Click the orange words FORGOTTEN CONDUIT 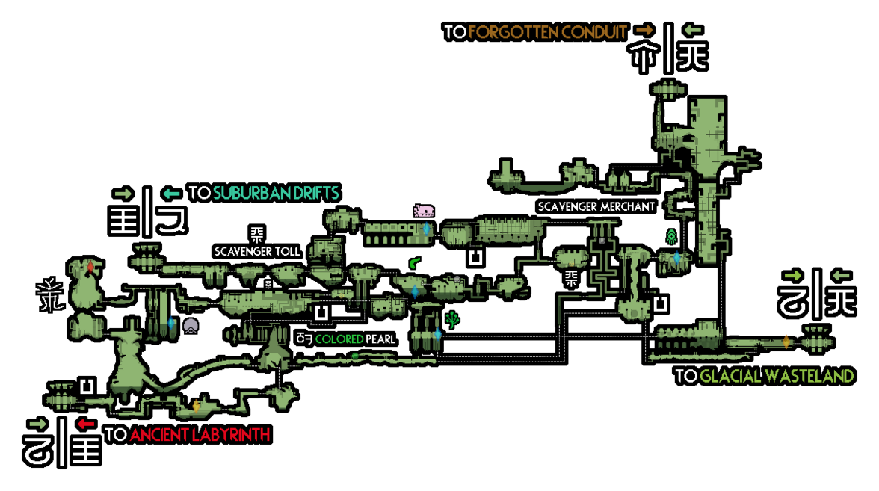(547, 32)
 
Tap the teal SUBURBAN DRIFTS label (277, 193)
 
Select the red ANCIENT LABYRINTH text (200, 434)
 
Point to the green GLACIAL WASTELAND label (777, 375)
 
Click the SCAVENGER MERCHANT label (596, 206)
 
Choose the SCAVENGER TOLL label (257, 252)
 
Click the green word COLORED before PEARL (339, 339)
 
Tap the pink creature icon (424, 211)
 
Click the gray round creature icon (191, 326)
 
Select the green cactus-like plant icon (451, 320)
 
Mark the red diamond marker (90, 267)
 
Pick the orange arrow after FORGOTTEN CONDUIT (645, 28)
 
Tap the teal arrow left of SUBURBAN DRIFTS (172, 194)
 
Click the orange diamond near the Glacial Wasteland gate (786, 342)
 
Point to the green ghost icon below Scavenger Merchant (671, 236)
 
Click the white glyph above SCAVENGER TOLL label (257, 233)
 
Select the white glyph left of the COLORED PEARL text (304, 339)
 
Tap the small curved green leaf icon (414, 262)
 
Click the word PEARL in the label (380, 339)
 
